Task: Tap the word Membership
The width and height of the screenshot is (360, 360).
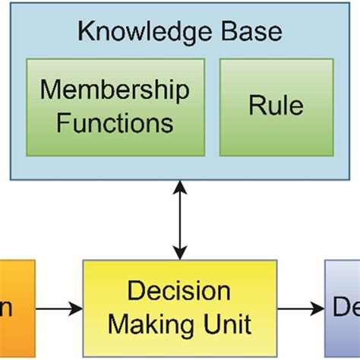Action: (115, 91)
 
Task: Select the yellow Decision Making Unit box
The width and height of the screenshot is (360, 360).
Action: (179, 308)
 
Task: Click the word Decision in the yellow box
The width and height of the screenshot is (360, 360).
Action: (179, 292)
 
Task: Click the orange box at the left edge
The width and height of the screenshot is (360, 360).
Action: (17, 308)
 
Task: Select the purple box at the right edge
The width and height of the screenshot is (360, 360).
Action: (343, 308)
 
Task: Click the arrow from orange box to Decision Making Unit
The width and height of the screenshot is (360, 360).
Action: (59, 308)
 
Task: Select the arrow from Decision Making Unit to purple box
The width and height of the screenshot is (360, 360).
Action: (300, 308)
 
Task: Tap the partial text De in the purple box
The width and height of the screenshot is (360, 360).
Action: (346, 308)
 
